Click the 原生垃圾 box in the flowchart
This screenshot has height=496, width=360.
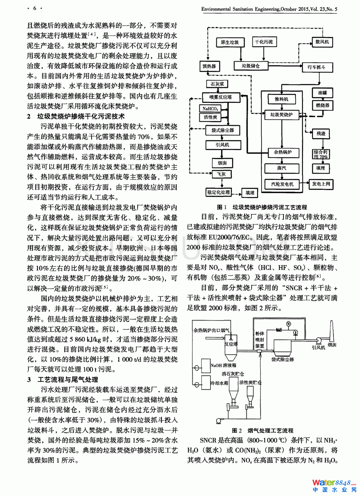coord(230,42)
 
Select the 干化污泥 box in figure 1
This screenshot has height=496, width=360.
coord(264,42)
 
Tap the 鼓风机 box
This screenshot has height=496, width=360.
coord(322,42)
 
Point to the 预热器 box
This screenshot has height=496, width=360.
coord(209,66)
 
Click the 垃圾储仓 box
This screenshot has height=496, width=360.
coord(251,66)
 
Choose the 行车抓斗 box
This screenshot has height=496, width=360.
coord(316,67)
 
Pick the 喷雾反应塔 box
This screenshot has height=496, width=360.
coord(220,97)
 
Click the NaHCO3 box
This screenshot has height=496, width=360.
coord(210,109)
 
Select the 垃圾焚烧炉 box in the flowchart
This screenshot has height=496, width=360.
coord(281,115)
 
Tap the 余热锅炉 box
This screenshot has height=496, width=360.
coord(283,152)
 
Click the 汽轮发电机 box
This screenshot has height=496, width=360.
coord(282,184)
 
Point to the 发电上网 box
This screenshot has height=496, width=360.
coord(321,184)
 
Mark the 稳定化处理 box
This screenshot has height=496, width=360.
coord(219,192)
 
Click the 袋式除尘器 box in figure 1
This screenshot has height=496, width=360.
coord(223,130)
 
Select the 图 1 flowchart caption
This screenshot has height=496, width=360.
coord(262,207)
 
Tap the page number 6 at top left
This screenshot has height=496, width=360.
coord(35,8)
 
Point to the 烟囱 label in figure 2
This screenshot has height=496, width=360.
coord(332,345)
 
